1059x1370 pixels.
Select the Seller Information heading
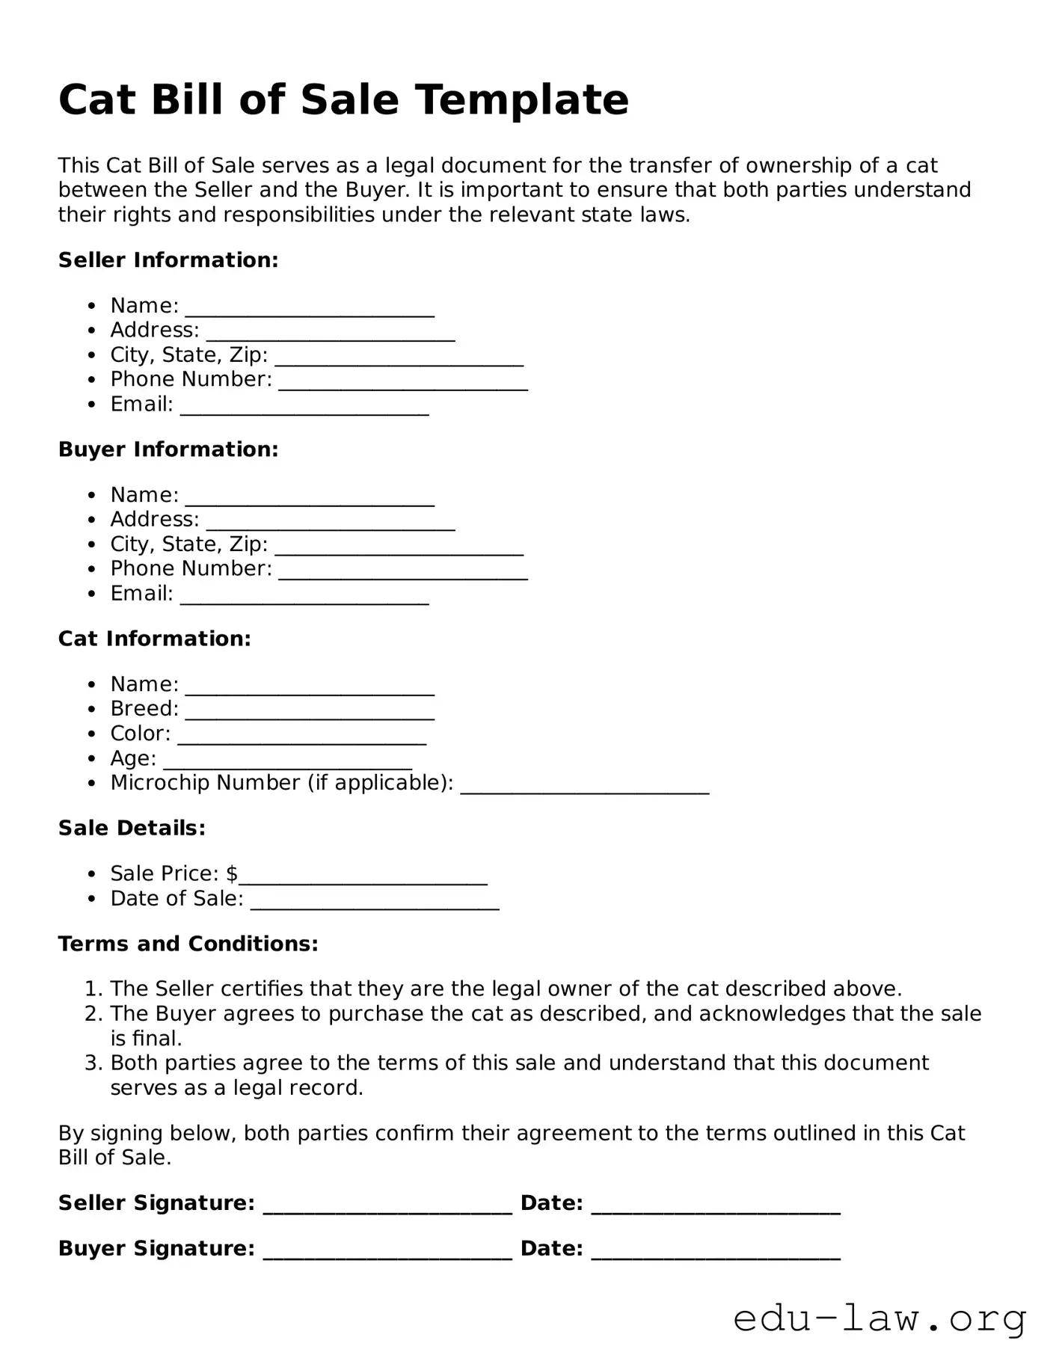tap(168, 260)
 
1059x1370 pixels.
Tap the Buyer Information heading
tap(168, 449)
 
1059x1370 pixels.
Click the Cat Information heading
tap(155, 639)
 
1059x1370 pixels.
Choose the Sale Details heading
tap(132, 828)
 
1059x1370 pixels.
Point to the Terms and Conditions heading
tap(188, 944)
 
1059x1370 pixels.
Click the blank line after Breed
tap(310, 716)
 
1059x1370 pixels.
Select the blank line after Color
tap(302, 741)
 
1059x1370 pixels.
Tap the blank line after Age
tap(288, 766)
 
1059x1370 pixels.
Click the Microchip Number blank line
tap(584, 790)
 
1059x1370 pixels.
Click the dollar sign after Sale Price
tap(232, 873)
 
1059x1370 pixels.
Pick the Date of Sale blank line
tap(375, 906)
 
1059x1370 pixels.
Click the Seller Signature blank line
tap(387, 1211)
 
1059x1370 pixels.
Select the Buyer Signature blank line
tap(387, 1256)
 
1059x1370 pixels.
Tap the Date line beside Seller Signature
tap(716, 1211)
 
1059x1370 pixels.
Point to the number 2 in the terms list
tap(93, 1014)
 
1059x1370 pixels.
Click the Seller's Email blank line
tap(304, 412)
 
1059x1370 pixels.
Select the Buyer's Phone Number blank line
tap(403, 577)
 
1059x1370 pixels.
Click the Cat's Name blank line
tap(310, 692)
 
